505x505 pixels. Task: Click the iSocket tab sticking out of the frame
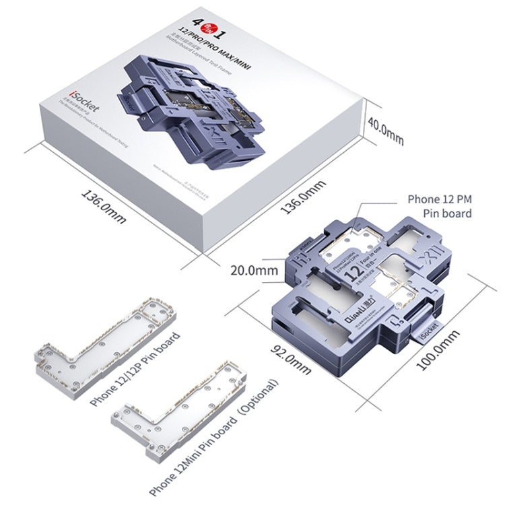coord(428,333)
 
